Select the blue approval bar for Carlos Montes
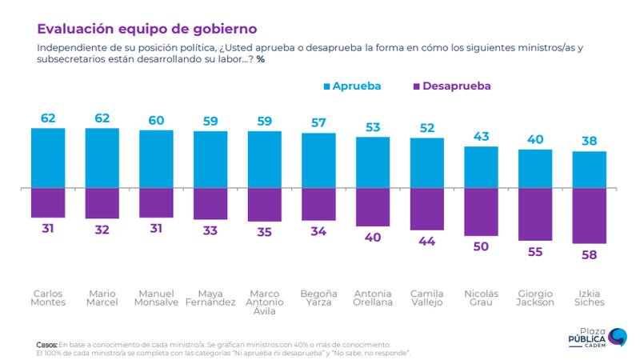48,158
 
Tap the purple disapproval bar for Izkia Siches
590,216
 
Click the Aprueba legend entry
351,85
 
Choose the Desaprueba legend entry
449,85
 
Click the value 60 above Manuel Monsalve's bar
156,120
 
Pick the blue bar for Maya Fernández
210,159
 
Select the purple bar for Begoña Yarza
318,205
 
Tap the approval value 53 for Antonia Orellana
373,127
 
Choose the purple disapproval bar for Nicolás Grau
482,213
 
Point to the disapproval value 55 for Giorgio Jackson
535,251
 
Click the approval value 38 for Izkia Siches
590,142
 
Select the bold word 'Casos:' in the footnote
46,344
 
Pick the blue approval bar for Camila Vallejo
427,163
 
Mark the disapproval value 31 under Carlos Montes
48,228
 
